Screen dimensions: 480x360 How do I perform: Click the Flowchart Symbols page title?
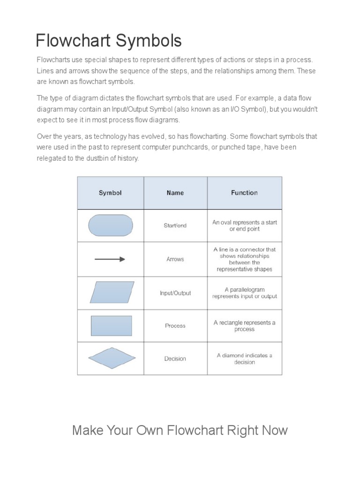point(109,41)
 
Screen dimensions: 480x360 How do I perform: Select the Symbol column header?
point(110,193)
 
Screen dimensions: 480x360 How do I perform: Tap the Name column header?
point(175,193)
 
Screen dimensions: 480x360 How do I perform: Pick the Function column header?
point(244,193)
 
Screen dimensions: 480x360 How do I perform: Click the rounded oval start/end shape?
point(111,225)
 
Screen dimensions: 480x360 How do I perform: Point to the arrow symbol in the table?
point(110,259)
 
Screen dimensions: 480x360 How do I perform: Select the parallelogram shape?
point(112,292)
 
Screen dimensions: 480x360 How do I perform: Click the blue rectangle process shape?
point(111,326)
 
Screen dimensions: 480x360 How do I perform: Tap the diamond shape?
point(112,359)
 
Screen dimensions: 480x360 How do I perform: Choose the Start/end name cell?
point(175,225)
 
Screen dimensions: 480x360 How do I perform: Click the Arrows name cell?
point(175,259)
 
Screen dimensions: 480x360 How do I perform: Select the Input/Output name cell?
point(175,293)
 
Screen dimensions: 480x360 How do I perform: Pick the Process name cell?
point(175,326)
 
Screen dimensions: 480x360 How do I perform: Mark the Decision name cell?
point(175,359)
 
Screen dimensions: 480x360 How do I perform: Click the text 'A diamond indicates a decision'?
point(244,359)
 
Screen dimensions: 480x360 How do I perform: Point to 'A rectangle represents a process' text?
point(244,326)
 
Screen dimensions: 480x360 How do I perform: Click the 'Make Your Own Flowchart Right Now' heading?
point(180,430)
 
